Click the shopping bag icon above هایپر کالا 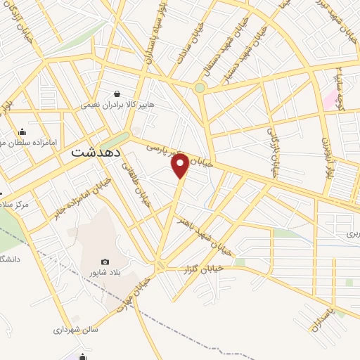pyautogui.click(x=117, y=93)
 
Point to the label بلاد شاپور pyautogui.click(x=117, y=274)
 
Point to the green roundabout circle pyautogui.click(x=200, y=88)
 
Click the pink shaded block pyautogui.click(x=329, y=98)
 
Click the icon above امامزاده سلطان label pyautogui.click(x=22, y=131)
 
